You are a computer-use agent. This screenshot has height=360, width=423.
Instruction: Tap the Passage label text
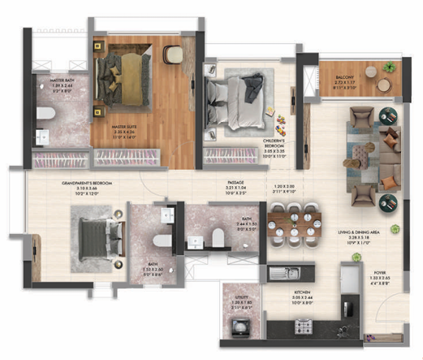(236, 189)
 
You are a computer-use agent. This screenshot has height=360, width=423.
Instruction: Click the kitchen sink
(285, 272)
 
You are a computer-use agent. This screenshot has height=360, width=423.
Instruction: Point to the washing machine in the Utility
(241, 326)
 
